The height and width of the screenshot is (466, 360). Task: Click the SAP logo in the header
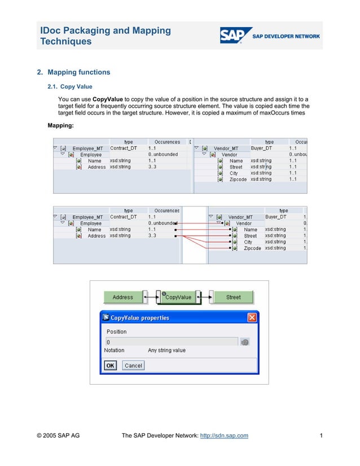pyautogui.click(x=232, y=35)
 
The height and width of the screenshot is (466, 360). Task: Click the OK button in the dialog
pyautogui.click(x=111, y=366)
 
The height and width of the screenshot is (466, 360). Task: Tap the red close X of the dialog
pyautogui.click(x=252, y=318)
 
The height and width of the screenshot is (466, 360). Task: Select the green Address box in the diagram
pyautogui.click(x=122, y=297)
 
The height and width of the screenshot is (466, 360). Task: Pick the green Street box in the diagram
pyautogui.click(x=233, y=297)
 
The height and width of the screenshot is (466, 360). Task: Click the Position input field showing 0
pyautogui.click(x=172, y=342)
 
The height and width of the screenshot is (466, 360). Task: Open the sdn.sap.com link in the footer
pyautogui.click(x=225, y=435)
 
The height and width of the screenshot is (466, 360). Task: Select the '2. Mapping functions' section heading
pyautogui.click(x=73, y=72)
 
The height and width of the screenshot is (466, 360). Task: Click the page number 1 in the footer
pyautogui.click(x=321, y=435)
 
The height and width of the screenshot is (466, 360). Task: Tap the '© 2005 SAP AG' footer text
pyautogui.click(x=58, y=435)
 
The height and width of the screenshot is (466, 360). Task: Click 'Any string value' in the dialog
pyautogui.click(x=166, y=350)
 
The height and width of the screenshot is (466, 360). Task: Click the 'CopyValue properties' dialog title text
pyautogui.click(x=140, y=318)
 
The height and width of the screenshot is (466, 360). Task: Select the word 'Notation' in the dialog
pyautogui.click(x=115, y=350)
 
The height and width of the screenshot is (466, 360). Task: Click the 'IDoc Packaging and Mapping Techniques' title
pyautogui.click(x=105, y=36)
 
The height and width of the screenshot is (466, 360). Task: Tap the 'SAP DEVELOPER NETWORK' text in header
pyautogui.click(x=286, y=36)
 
